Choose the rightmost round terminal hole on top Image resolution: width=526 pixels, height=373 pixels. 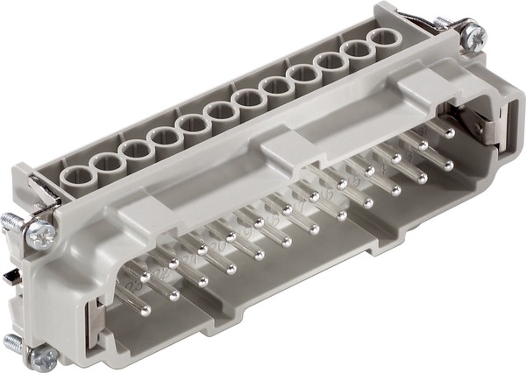coord(383,40)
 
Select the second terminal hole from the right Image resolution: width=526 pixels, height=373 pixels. coord(357,54)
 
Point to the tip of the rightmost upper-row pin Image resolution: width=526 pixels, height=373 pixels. coord(449,133)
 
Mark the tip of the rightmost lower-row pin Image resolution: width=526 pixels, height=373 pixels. coord(448,164)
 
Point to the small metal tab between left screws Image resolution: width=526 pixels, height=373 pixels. coord(9,278)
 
